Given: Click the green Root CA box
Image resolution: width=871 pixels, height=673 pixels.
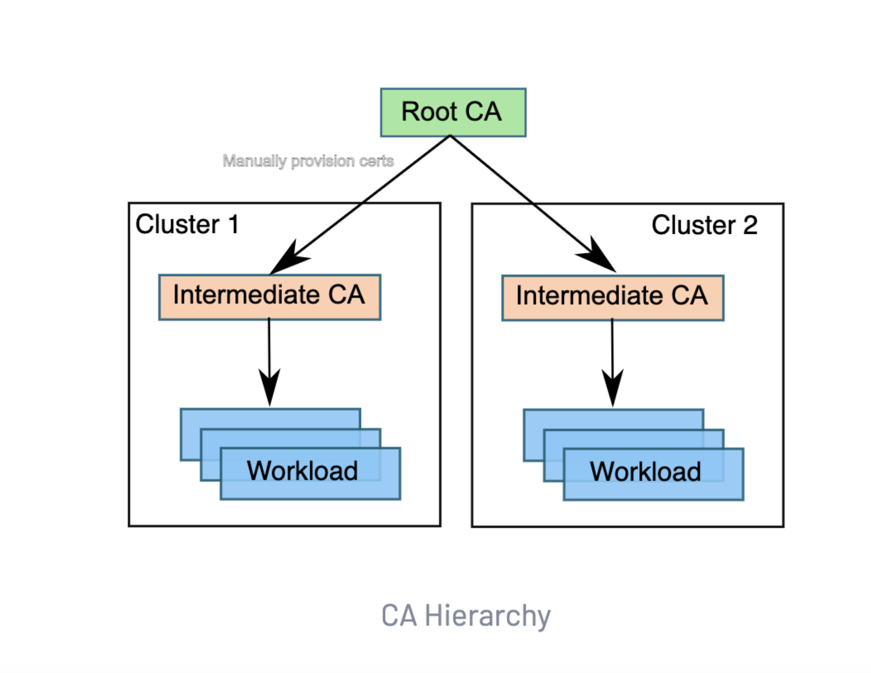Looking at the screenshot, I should point(453,112).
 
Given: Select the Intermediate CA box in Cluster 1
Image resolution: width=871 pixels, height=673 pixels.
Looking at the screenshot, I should point(269,297).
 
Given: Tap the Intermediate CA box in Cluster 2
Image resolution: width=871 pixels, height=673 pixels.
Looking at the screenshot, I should point(612,297).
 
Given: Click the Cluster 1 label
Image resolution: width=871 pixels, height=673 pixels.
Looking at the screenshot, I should point(187,224).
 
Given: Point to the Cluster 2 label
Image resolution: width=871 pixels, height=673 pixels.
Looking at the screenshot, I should point(704,225).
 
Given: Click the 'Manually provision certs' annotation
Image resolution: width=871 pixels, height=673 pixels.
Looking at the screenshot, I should point(308,161).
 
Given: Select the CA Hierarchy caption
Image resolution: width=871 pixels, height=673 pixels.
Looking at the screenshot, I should point(466,616).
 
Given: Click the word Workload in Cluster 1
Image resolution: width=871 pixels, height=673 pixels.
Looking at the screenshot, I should point(302,470).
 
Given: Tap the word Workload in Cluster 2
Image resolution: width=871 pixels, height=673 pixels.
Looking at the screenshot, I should point(645,471).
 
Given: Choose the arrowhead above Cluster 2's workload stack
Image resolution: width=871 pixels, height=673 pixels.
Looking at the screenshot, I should point(613,386).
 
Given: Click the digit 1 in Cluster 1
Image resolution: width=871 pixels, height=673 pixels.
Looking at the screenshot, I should point(234,224).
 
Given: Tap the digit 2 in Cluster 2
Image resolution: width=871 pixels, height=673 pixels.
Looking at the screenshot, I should point(750,225).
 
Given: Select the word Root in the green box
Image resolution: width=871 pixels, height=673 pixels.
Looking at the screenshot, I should point(429,112).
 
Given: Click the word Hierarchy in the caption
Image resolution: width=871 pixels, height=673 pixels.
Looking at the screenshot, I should point(488,616).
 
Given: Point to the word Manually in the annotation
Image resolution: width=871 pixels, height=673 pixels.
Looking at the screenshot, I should point(254,161).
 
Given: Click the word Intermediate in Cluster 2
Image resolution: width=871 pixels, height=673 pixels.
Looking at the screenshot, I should point(589,296).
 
